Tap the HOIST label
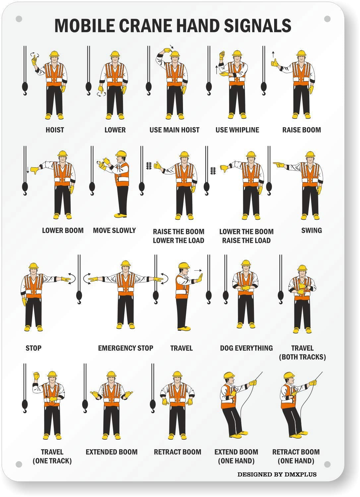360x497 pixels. [x=55, y=130]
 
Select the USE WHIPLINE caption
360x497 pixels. [x=237, y=130]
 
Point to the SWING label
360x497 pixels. [x=311, y=230]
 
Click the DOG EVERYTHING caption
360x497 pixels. [x=246, y=348]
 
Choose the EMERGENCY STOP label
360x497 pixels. [x=125, y=348]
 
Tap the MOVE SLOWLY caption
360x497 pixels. [x=114, y=230]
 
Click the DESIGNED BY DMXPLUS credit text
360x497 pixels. [x=277, y=474]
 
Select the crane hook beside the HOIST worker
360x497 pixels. [x=25, y=88]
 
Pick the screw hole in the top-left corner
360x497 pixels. [x=19, y=19]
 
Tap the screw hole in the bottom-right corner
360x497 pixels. [x=327, y=464]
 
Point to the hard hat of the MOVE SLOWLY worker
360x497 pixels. [x=121, y=153]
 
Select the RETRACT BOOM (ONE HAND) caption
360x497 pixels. [x=296, y=456]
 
